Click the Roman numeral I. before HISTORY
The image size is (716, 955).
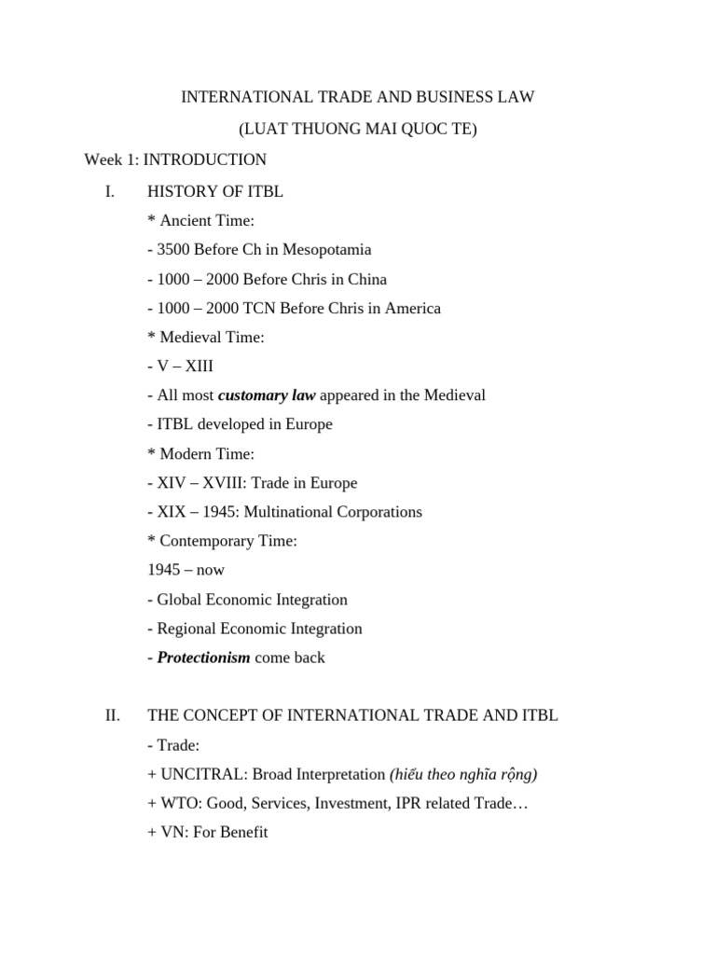[x=110, y=192]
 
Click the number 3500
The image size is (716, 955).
[x=174, y=250]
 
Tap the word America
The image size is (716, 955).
[x=408, y=308]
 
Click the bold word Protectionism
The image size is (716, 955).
[x=203, y=657]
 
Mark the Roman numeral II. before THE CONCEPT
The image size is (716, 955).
[x=112, y=716]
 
